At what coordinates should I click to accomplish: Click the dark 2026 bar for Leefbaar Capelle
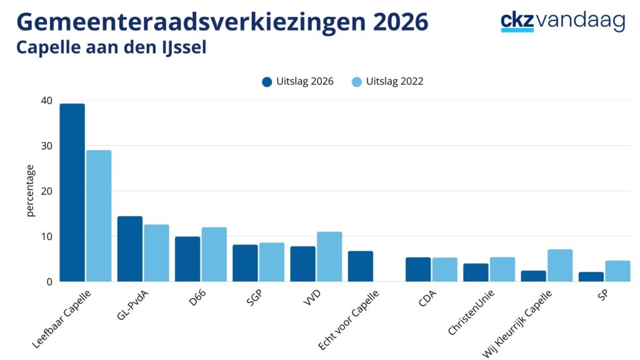pyautogui.click(x=72, y=192)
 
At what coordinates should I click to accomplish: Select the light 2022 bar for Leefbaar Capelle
pyautogui.click(x=99, y=216)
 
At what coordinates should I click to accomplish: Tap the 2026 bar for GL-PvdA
pyautogui.click(x=130, y=249)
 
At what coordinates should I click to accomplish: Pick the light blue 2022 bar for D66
pyautogui.click(x=214, y=254)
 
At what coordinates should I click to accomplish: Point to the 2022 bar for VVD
pyautogui.click(x=329, y=257)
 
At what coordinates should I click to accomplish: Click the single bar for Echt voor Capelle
pyautogui.click(x=361, y=266)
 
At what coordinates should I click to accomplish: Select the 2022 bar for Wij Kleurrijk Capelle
pyautogui.click(x=560, y=265)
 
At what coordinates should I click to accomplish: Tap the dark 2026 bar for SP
pyautogui.click(x=591, y=277)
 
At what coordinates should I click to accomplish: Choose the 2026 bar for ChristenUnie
pyautogui.click(x=476, y=272)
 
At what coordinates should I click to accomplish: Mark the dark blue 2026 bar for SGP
pyautogui.click(x=245, y=263)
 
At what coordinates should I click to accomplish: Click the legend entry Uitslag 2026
pyautogui.click(x=298, y=82)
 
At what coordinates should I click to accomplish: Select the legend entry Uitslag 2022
pyautogui.click(x=387, y=82)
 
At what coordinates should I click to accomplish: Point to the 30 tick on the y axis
pyautogui.click(x=46, y=146)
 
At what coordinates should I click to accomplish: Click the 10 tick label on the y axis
pyautogui.click(x=46, y=236)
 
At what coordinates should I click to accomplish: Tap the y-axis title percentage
pyautogui.click(x=30, y=191)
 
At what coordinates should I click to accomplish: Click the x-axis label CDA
pyautogui.click(x=427, y=299)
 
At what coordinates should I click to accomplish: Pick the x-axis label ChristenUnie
pyautogui.click(x=471, y=312)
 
